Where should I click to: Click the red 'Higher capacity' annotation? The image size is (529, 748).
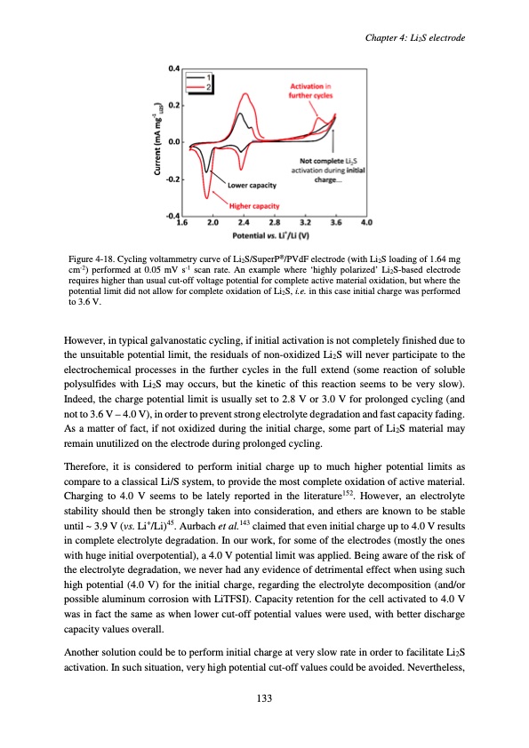click(254, 206)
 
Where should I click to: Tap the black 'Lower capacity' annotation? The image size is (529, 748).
click(252, 186)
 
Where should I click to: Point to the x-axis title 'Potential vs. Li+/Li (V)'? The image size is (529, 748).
click(275, 235)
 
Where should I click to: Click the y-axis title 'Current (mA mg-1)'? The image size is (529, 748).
click(156, 142)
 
